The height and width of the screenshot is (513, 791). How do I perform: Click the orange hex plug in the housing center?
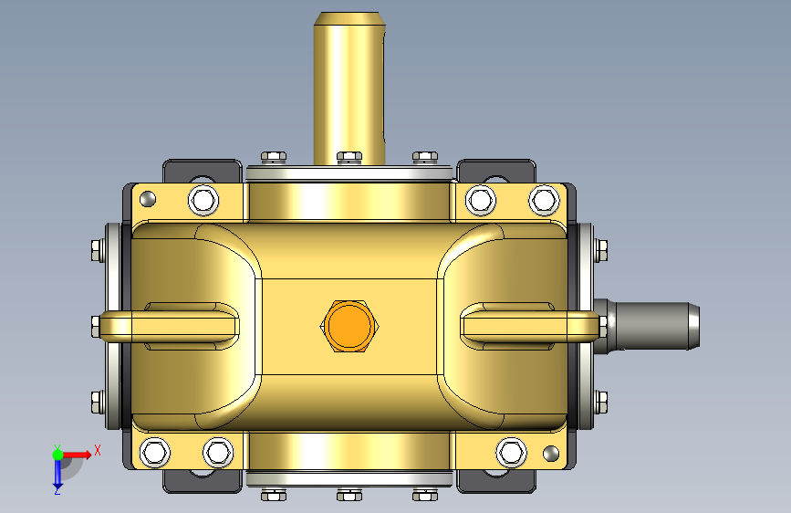(349, 326)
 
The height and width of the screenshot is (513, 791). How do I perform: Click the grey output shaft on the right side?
(649, 326)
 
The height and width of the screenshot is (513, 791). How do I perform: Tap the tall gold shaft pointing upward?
(349, 89)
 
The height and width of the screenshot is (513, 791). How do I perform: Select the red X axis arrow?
(77, 455)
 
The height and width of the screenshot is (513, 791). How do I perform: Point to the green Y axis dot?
(57, 455)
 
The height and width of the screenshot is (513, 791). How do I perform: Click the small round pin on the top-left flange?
(147, 199)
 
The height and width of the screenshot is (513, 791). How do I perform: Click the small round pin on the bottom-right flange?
(550, 453)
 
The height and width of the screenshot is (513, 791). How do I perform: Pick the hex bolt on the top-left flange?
(203, 200)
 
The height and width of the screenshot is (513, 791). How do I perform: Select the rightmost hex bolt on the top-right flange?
(544, 200)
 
